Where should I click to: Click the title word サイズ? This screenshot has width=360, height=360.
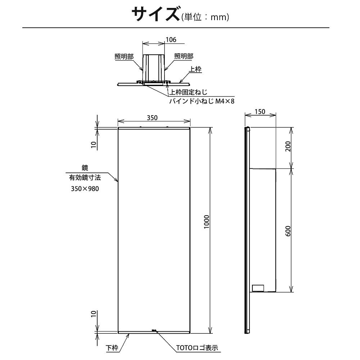click(x=155, y=15)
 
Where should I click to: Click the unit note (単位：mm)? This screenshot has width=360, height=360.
click(x=205, y=17)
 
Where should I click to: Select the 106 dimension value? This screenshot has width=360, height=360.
click(x=171, y=40)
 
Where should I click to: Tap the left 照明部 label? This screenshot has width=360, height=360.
click(x=124, y=57)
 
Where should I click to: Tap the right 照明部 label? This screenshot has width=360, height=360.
click(x=184, y=56)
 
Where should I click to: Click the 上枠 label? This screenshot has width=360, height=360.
click(x=195, y=69)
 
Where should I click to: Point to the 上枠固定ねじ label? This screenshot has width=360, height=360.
click(x=188, y=93)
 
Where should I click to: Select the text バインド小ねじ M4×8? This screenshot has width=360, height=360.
click(x=202, y=102)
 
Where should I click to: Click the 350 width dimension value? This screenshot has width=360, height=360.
click(x=153, y=117)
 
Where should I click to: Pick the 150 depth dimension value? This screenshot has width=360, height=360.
click(x=260, y=112)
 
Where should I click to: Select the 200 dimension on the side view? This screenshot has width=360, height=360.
click(x=288, y=147)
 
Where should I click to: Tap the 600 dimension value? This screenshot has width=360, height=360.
click(x=288, y=230)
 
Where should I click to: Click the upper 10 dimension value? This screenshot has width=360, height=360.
click(x=94, y=144)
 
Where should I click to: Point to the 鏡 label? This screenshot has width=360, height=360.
click(x=85, y=167)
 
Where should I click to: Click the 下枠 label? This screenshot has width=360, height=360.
click(x=112, y=348)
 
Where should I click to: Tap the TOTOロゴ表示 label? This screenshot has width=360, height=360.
click(x=197, y=348)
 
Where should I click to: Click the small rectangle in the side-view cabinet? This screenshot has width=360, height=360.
click(x=258, y=288)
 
